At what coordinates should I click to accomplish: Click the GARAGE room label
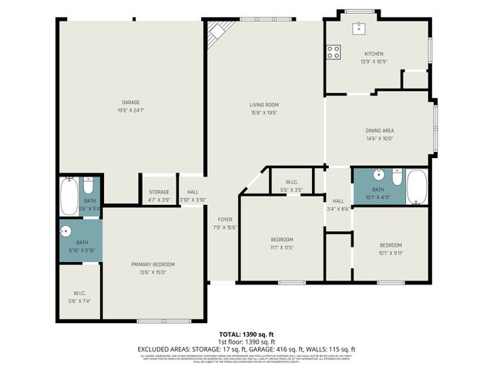[130, 101]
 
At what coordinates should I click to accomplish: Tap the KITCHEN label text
[374, 54]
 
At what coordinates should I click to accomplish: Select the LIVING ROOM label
[263, 105]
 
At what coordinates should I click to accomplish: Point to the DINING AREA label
[379, 130]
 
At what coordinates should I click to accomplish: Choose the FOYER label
[225, 220]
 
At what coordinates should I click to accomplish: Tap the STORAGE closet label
[159, 192]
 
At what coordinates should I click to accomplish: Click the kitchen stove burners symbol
[334, 52]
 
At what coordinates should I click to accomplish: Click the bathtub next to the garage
[69, 197]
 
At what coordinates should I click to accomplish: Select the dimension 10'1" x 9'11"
[390, 253]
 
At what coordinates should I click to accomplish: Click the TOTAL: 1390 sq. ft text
[246, 334]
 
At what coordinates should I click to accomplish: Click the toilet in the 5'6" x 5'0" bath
[89, 187]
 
